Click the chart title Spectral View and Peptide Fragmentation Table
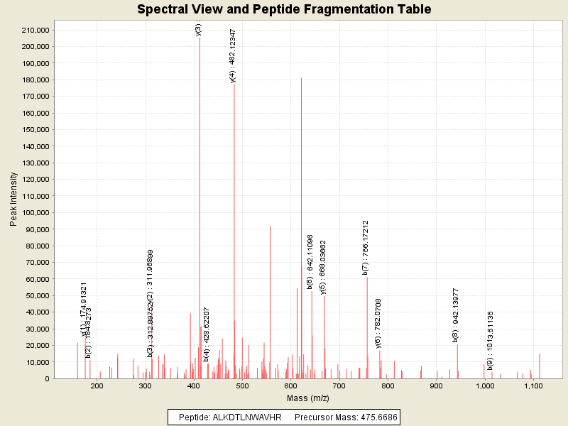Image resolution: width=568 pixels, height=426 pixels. (x=284, y=10)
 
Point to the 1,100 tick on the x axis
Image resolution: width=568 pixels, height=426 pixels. (x=533, y=387)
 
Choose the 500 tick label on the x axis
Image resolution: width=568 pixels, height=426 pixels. (x=242, y=387)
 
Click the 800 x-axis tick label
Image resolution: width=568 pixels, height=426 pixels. (x=388, y=387)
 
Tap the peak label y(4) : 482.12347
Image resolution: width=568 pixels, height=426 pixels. (x=234, y=56)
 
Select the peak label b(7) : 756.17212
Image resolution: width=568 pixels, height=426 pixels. (x=366, y=247)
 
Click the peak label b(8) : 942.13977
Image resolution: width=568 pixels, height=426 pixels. (x=456, y=315)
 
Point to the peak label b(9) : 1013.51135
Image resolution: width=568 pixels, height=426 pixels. (x=491, y=340)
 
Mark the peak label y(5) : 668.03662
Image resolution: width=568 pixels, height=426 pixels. (x=324, y=267)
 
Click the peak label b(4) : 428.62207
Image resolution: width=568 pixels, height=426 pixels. (x=207, y=334)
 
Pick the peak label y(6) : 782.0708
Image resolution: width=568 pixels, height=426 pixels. (x=378, y=324)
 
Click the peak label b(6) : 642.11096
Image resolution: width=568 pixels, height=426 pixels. (x=310, y=261)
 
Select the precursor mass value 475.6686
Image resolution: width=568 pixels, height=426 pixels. (x=378, y=417)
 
